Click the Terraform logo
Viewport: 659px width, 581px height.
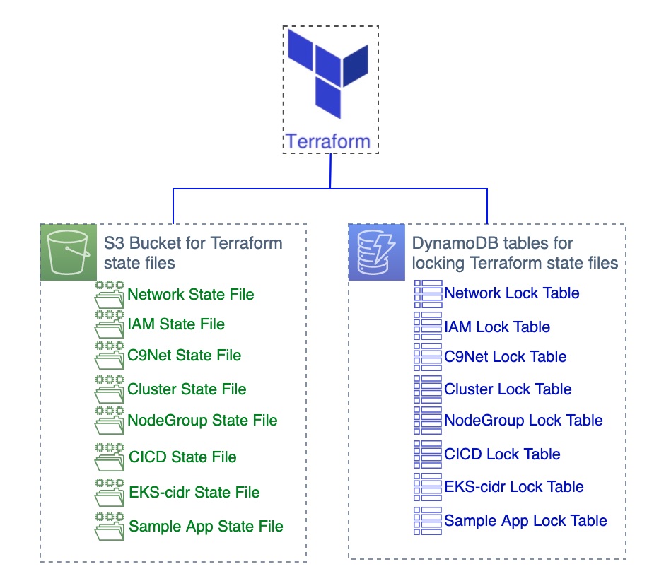pos(328,74)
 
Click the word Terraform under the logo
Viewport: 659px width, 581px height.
pos(328,141)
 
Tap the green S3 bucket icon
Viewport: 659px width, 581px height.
pos(69,252)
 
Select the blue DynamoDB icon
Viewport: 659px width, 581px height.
pos(377,252)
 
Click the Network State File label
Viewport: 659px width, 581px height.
pos(191,295)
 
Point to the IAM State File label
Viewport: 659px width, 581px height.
pos(176,324)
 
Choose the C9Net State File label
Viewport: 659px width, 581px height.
pos(185,356)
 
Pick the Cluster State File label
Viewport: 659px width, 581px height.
pos(187,389)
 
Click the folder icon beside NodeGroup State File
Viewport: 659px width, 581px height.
pos(110,420)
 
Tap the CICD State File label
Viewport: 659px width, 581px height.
pos(183,457)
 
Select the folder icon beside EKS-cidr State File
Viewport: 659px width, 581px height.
pos(110,493)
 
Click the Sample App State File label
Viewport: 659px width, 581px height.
pos(206,527)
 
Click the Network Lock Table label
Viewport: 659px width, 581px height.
pos(512,293)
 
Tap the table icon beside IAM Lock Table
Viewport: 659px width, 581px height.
pos(428,326)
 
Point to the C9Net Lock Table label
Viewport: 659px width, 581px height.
pos(506,357)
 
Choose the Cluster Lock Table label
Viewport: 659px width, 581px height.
pos(508,389)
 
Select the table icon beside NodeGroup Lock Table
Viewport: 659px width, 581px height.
pos(428,420)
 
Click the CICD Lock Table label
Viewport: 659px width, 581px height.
pos(503,454)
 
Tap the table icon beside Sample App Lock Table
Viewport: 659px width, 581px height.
pos(428,521)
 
